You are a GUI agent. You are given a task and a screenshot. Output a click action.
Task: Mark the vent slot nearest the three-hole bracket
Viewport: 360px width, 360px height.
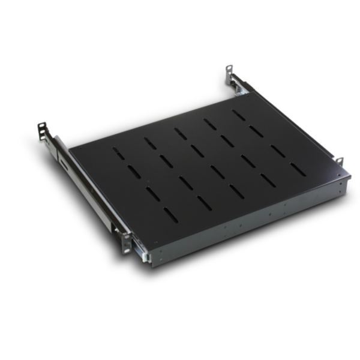click(119, 154)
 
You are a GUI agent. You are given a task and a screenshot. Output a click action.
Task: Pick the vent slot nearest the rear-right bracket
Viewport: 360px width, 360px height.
click(239, 114)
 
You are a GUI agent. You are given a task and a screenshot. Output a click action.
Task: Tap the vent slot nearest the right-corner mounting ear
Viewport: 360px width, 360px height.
click(298, 169)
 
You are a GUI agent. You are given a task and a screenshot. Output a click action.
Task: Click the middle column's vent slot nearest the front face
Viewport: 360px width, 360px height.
click(236, 191)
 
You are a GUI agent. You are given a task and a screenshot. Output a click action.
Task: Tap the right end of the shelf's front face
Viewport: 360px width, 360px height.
click(347, 184)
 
